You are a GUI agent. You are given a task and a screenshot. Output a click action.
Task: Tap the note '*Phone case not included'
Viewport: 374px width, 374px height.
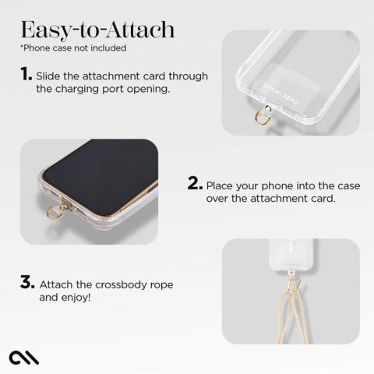coord(72,48)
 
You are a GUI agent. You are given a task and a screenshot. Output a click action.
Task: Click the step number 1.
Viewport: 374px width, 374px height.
coord(25,76)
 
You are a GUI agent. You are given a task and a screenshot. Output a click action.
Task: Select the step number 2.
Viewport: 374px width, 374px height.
coord(195,185)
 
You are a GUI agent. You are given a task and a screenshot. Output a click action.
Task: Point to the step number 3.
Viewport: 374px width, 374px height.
coord(25,283)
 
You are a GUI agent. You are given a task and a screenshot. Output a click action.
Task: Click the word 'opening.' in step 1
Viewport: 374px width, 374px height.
coord(144,90)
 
